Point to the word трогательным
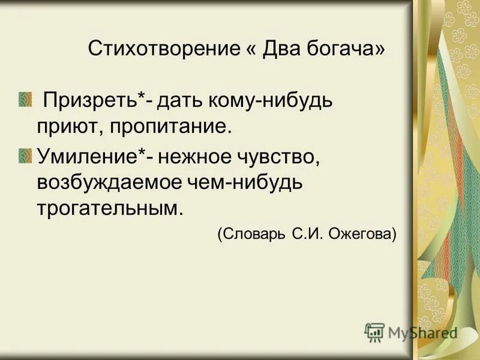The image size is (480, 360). [x=108, y=209]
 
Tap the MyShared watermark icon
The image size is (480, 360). [x=374, y=332]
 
